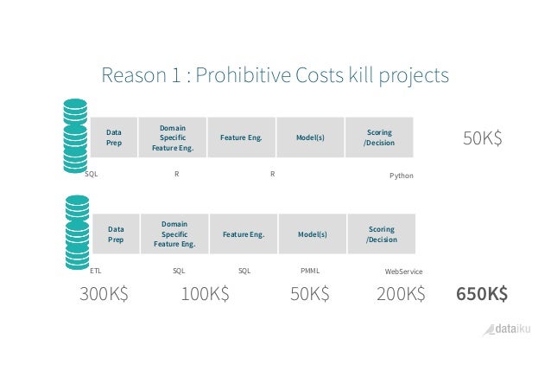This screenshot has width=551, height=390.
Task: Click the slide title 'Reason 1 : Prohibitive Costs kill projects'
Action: coord(275,75)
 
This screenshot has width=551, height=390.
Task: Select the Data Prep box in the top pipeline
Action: coord(114,137)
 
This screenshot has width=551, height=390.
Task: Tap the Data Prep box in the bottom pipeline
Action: coord(115,233)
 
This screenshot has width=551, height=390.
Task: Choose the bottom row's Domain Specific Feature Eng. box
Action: coord(174,233)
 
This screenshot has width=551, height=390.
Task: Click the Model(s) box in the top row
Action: coord(310,137)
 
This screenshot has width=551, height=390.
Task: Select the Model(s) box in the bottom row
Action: coord(312,233)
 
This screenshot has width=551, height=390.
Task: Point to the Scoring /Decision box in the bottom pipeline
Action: coord(381,233)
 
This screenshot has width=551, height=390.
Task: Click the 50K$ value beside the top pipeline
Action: coord(483,138)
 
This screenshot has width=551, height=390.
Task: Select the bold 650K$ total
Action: coord(481,294)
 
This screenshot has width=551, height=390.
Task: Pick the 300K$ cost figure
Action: coord(104,294)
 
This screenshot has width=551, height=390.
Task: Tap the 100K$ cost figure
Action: coord(205,294)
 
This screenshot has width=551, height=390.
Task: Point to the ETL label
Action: coord(96,271)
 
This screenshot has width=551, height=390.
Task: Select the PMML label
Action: coord(309,271)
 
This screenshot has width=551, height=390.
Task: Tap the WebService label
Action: coord(402,272)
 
